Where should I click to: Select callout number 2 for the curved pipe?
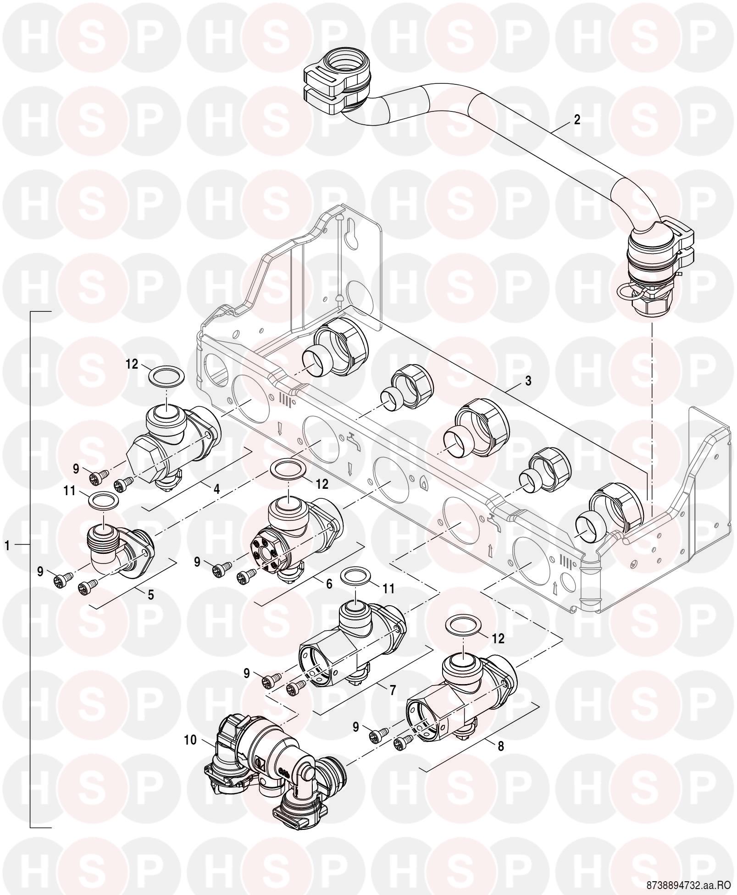[577, 120]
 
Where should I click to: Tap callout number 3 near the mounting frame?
[528, 381]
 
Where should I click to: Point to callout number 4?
[216, 489]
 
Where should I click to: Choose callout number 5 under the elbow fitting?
[151, 595]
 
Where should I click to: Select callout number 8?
[501, 746]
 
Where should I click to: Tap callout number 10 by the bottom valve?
[190, 740]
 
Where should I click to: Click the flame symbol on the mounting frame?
[424, 483]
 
